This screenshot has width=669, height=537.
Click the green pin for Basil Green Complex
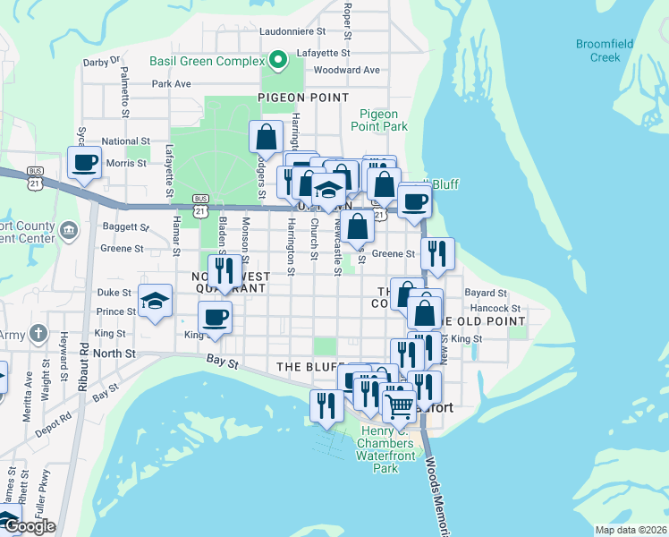[277, 61]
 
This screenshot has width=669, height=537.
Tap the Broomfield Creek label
[604, 50]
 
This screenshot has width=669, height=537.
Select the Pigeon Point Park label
[384, 120]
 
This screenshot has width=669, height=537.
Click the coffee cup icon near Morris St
[84, 163]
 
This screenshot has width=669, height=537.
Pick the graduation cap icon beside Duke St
[156, 300]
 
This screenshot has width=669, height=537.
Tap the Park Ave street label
[172, 83]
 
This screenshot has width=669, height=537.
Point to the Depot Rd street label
[55, 421]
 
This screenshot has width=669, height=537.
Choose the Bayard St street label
[486, 293]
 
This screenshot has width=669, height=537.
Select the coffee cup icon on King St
[215, 317]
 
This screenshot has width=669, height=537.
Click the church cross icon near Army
[38, 334]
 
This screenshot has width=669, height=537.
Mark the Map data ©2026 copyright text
[630, 530]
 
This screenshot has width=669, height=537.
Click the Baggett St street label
[124, 227]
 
